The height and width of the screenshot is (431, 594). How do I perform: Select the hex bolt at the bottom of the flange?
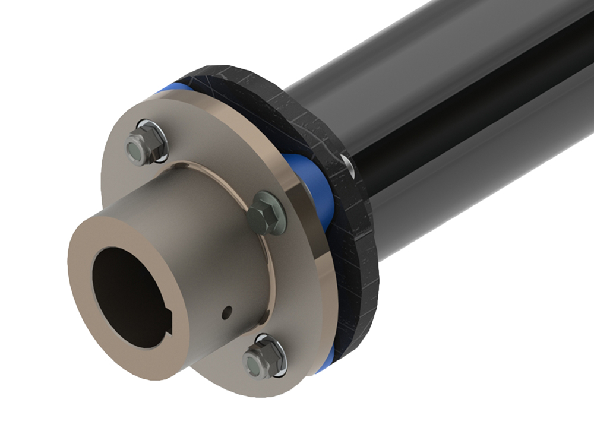click(258, 359)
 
